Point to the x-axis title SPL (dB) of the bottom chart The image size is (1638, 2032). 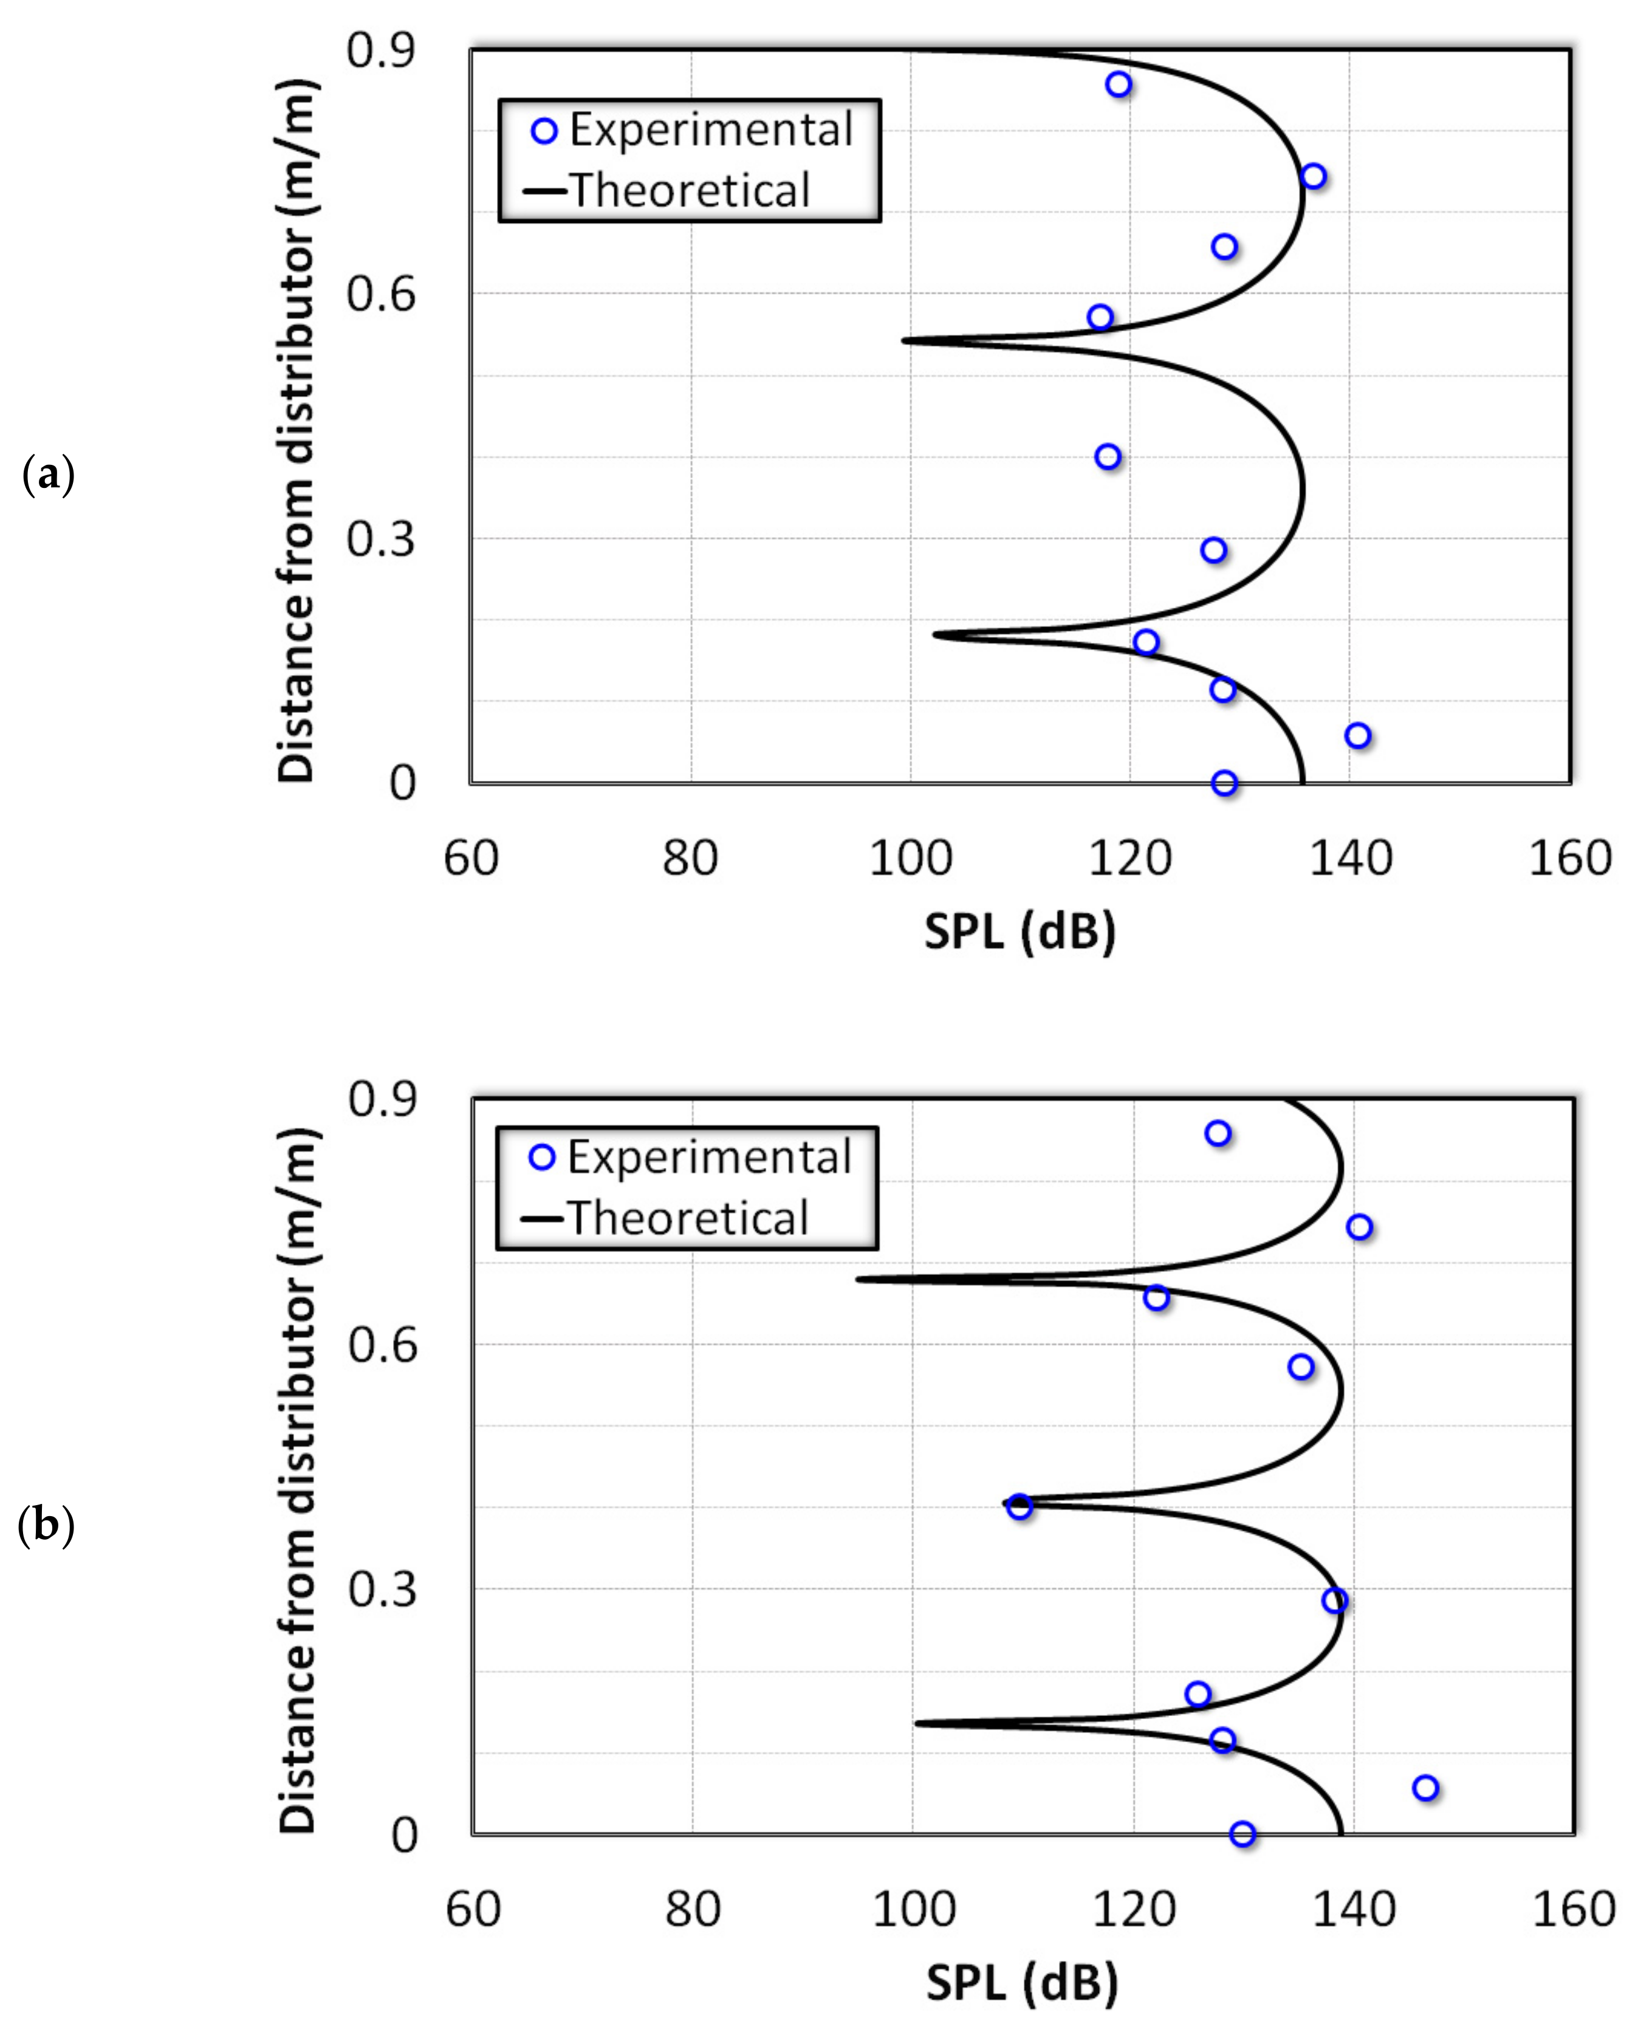coord(1022,1982)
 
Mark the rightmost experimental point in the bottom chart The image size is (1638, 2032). coord(1425,1788)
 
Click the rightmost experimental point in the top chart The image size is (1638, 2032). coord(1357,735)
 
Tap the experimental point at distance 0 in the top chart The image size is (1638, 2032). coord(1224,783)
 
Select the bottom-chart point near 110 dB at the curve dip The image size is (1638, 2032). coord(1018,1507)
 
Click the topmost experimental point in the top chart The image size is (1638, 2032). coord(1118,84)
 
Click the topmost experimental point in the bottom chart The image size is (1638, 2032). coord(1217,1133)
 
